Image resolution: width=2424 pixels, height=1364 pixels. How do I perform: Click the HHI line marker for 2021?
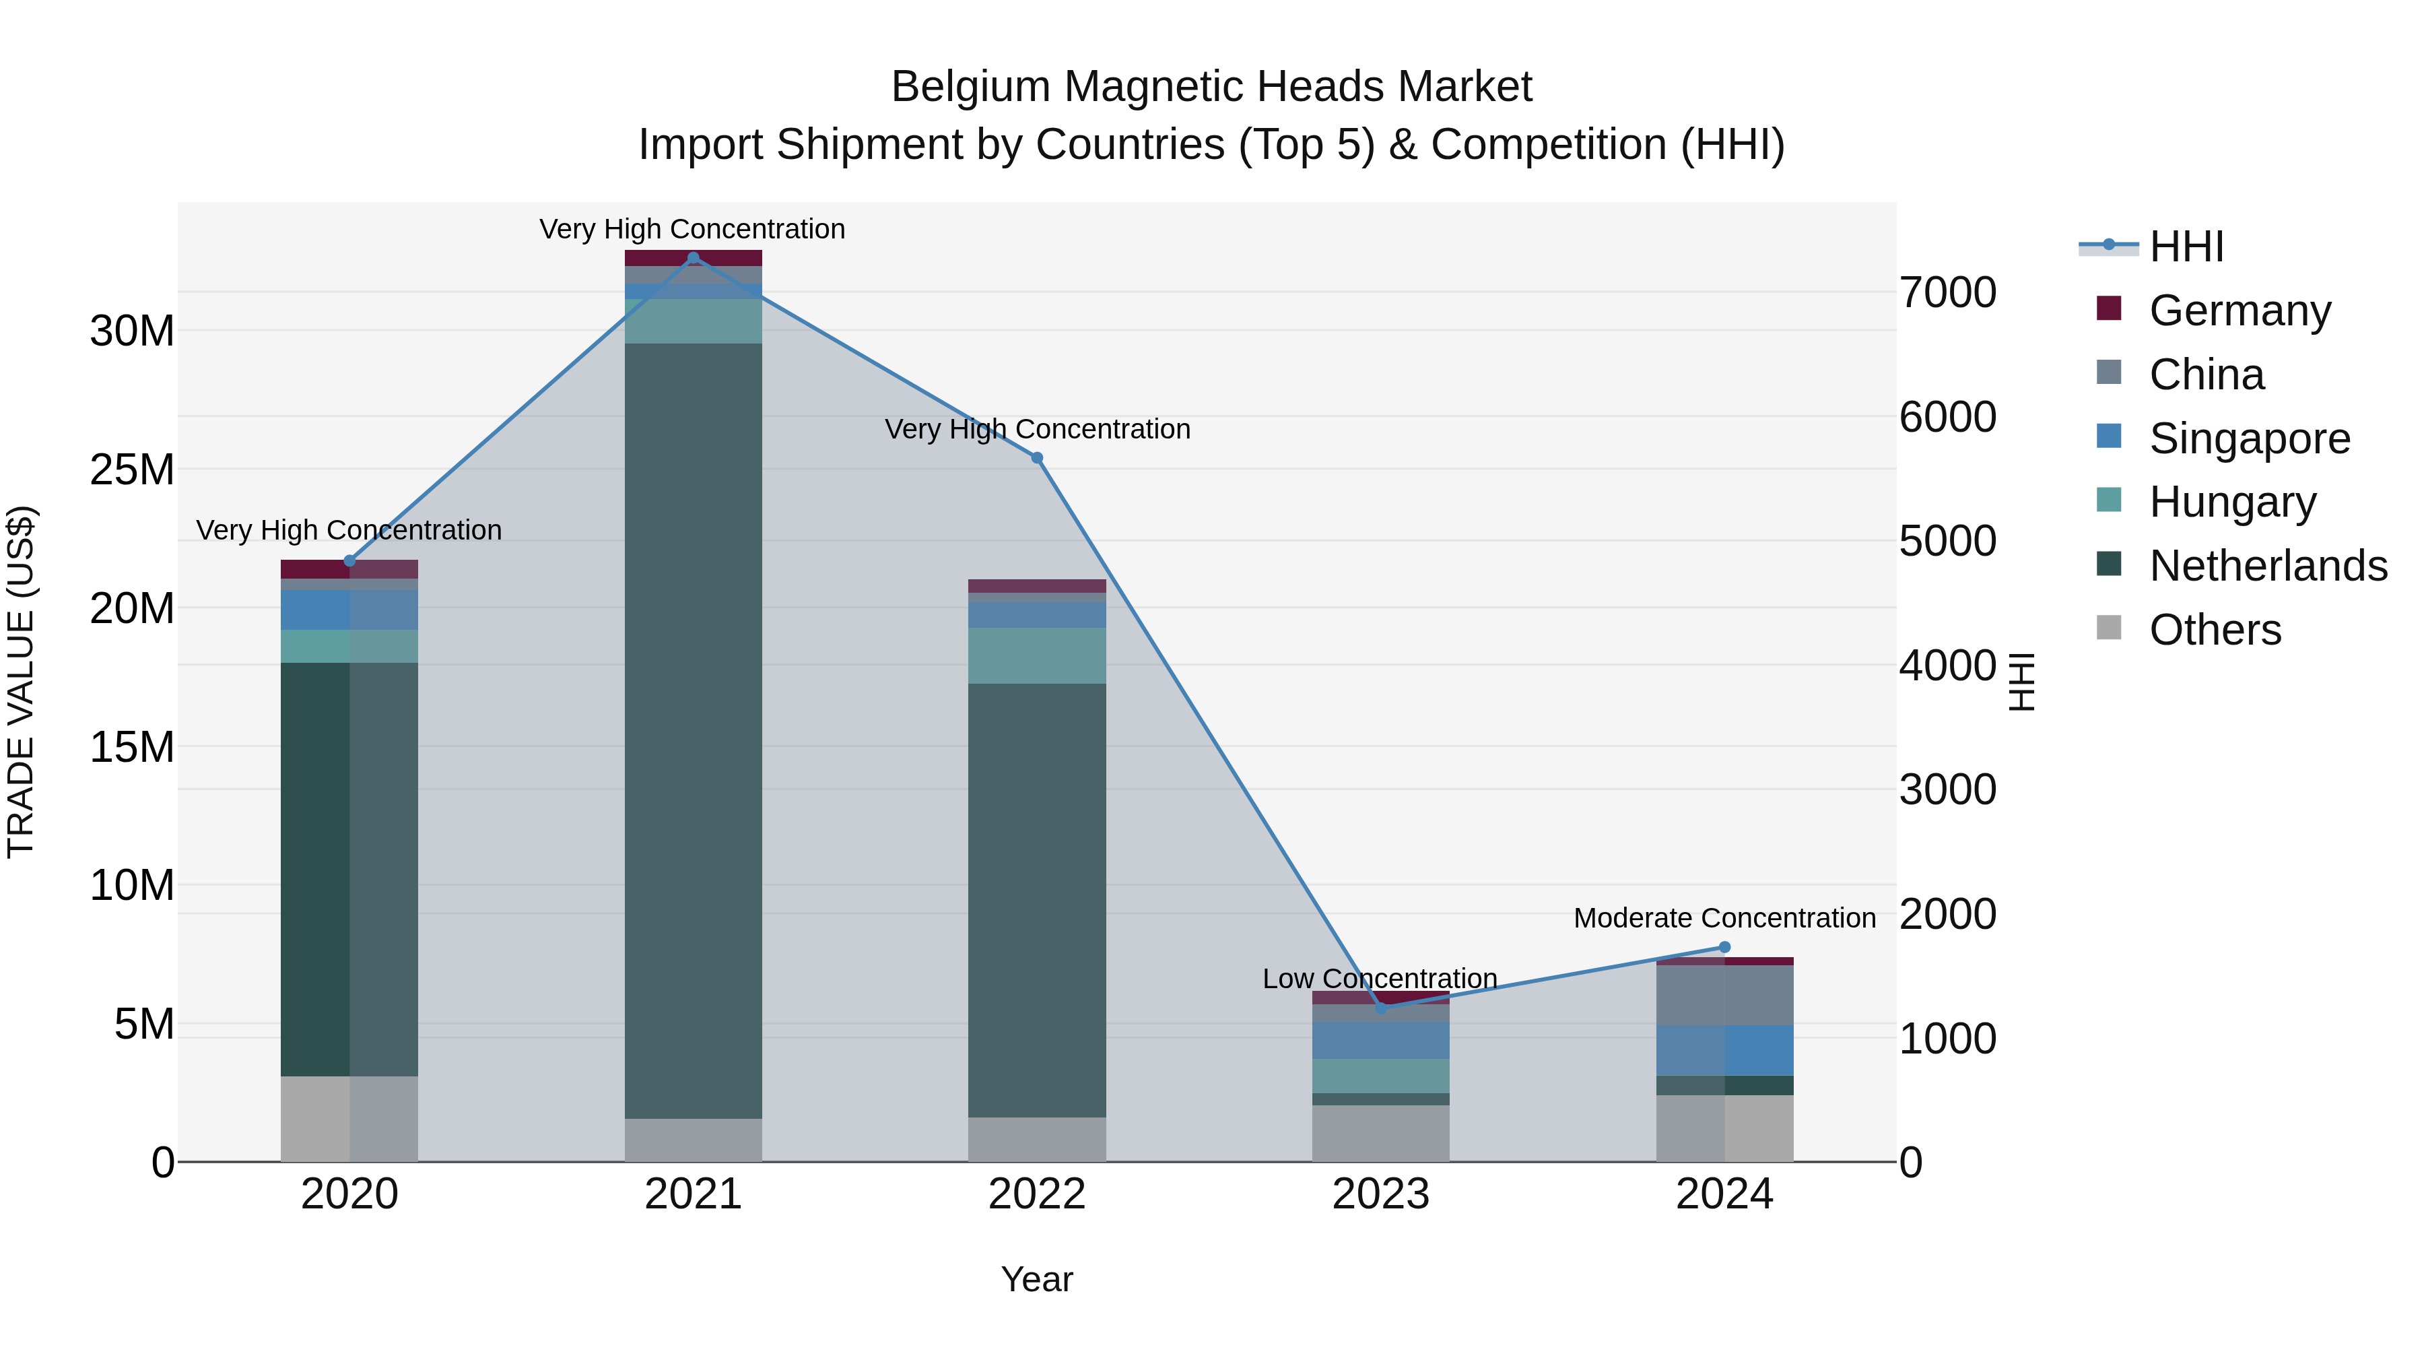[x=694, y=257]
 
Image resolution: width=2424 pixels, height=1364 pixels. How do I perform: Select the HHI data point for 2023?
[x=1380, y=1008]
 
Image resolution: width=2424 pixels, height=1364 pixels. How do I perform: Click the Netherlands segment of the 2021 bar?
[x=694, y=729]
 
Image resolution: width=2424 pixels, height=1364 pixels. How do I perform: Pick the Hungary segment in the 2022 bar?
[x=1037, y=655]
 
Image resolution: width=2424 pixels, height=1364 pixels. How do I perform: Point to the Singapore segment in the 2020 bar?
[x=349, y=610]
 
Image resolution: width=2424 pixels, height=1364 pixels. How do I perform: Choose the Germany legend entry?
[x=2240, y=310]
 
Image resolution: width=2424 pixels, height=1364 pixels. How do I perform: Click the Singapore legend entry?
[x=2249, y=438]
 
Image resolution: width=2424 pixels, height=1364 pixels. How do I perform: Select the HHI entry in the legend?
[x=2186, y=247]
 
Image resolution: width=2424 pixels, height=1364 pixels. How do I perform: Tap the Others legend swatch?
[x=2109, y=628]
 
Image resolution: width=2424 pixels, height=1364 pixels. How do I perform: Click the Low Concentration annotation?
[x=1380, y=978]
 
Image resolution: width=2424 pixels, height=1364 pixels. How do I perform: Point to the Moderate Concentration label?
[x=1724, y=918]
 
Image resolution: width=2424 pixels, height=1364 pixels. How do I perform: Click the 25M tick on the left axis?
[x=132, y=469]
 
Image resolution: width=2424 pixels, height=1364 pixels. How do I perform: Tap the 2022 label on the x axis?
[x=1037, y=1194]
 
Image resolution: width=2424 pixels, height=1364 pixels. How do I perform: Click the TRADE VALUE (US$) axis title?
[x=21, y=682]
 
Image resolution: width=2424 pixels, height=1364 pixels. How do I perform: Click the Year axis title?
[x=1037, y=1279]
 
